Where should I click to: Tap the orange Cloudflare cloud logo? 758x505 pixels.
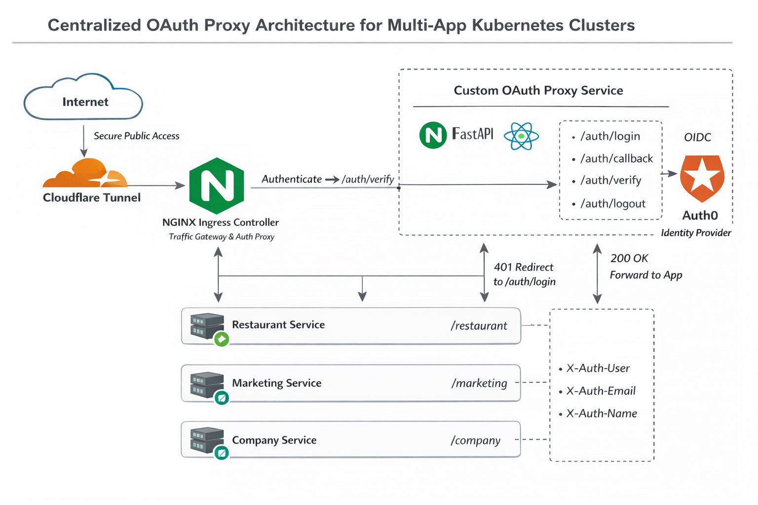[x=85, y=173]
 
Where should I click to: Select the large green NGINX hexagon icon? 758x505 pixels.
[x=217, y=186]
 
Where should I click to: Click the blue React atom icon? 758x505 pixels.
[x=521, y=136]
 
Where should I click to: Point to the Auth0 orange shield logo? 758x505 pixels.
[x=702, y=179]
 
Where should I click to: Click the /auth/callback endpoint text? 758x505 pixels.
[x=616, y=158]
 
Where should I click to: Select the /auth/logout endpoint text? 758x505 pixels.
[x=613, y=203]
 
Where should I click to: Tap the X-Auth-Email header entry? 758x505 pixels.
[x=601, y=391]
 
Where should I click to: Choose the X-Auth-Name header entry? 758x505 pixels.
[x=602, y=413]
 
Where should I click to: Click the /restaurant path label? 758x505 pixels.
[x=479, y=325]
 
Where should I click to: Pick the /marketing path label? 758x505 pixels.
[x=479, y=383]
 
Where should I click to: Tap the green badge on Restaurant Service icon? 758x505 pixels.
[x=222, y=339]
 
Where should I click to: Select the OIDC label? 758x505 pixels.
[x=697, y=137]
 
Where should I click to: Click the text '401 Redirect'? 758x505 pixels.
[x=524, y=267]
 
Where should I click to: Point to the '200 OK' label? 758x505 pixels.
[x=629, y=258]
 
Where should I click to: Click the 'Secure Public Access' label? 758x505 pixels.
[x=136, y=136]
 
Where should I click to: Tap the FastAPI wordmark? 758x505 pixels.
[x=472, y=134]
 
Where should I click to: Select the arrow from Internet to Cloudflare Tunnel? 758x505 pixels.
[x=83, y=141]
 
